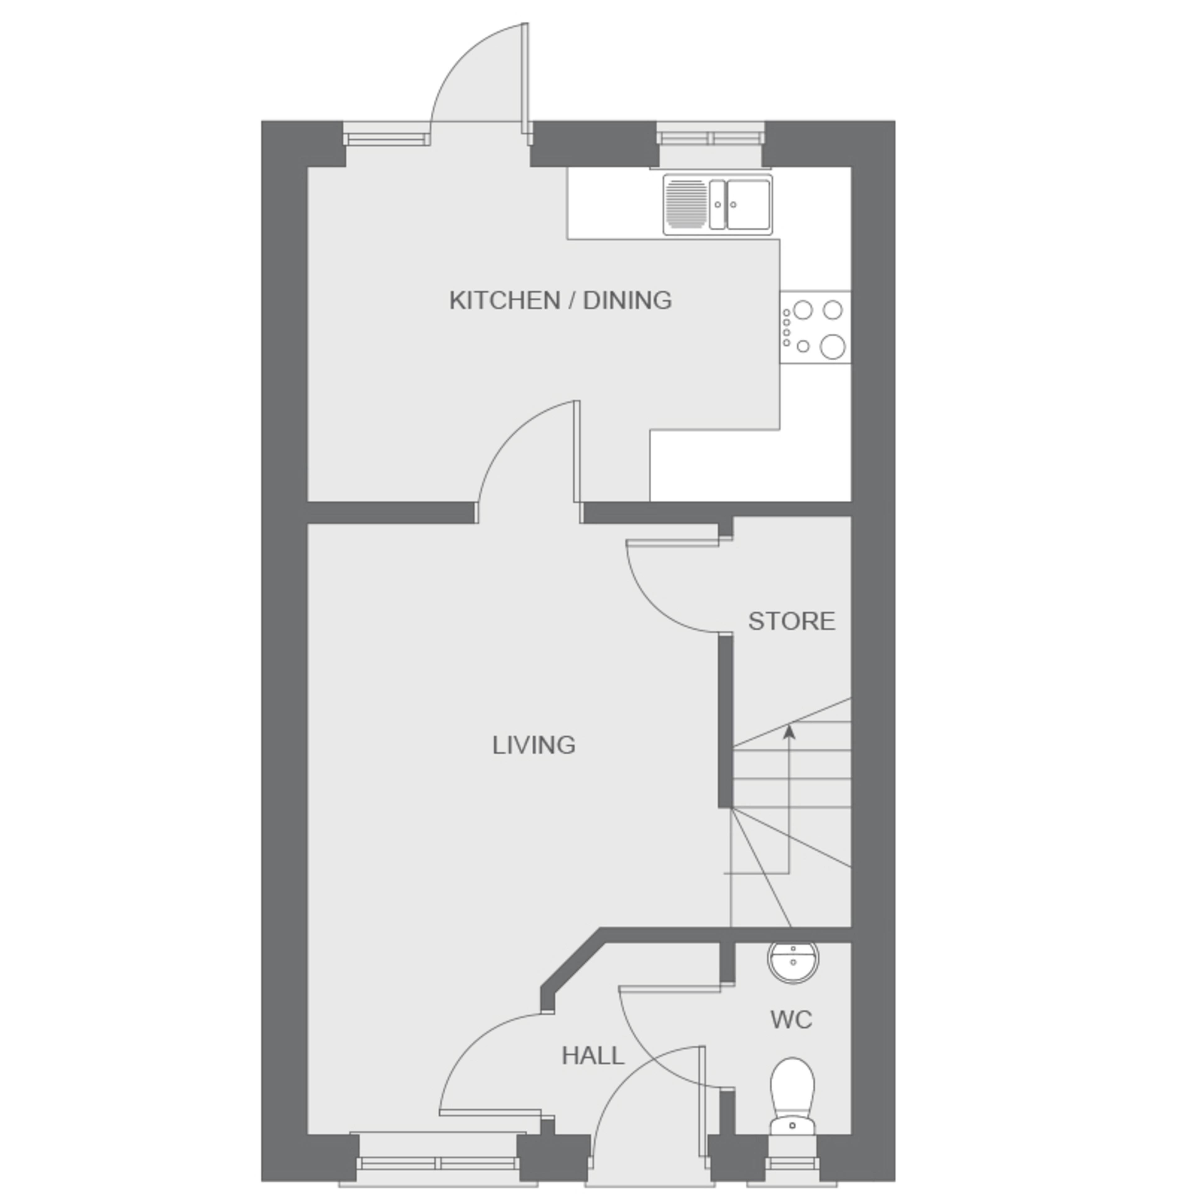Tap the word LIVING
(x=534, y=745)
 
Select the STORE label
(x=792, y=621)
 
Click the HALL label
(x=593, y=1056)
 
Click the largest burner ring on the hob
(x=832, y=347)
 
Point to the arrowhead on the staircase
(x=789, y=732)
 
